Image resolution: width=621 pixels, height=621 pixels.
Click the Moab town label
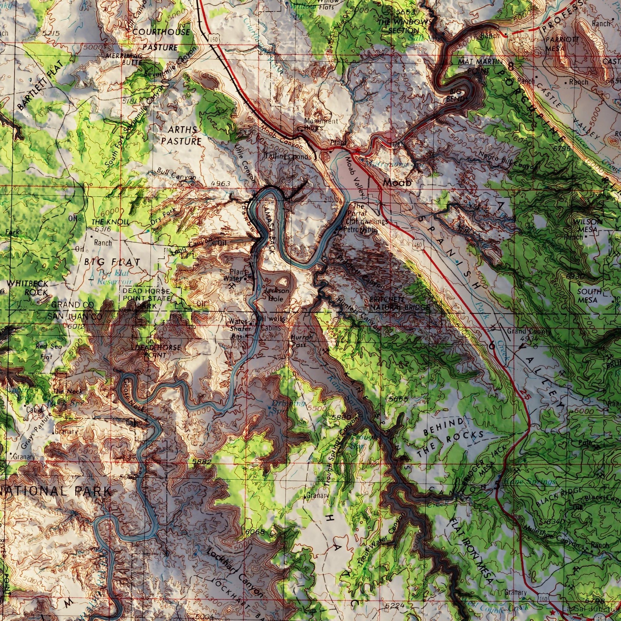pos(397,183)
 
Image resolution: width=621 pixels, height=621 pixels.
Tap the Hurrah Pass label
pos(302,341)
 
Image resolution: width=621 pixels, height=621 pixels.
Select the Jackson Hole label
pos(276,295)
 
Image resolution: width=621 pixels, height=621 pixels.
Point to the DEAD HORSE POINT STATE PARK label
pos(146,298)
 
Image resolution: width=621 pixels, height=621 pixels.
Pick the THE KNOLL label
pos(110,222)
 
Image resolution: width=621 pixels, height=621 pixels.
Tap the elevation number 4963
pos(220,183)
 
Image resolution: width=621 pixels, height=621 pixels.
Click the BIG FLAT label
pos(112,262)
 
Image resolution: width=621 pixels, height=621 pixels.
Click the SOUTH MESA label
pos(589,296)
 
